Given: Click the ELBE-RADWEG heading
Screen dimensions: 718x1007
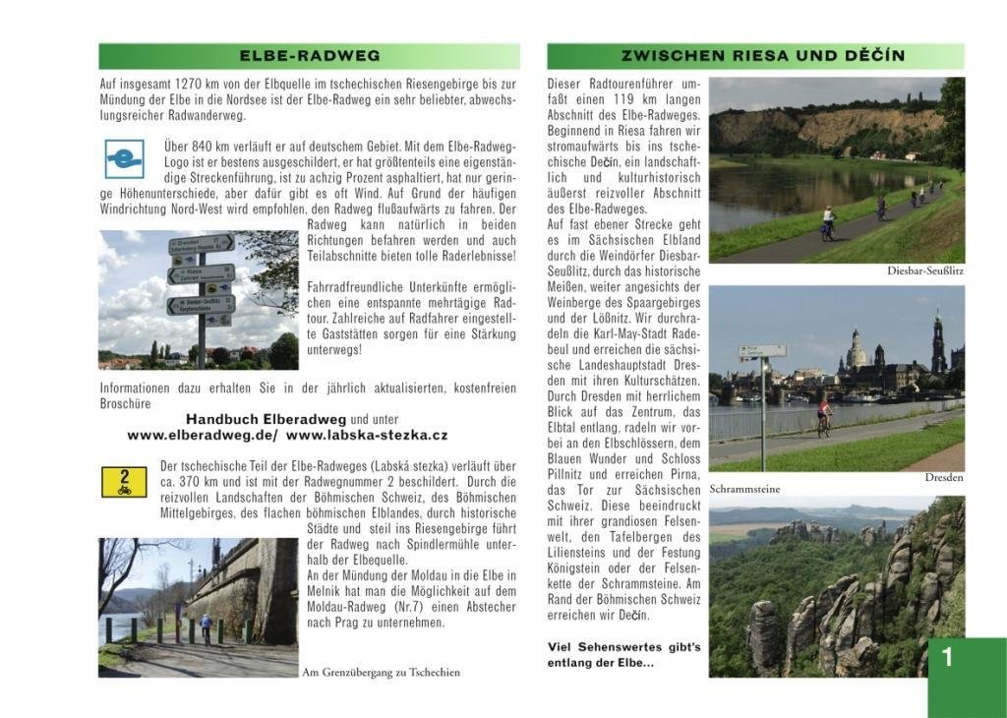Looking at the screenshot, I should [x=310, y=56].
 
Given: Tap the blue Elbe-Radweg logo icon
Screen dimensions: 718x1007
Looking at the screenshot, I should [x=125, y=158].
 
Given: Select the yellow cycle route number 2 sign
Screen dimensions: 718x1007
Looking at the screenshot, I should [x=124, y=482].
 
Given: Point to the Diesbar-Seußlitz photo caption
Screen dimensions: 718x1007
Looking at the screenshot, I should [x=924, y=269].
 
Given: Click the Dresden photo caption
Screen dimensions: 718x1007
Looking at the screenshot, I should [x=944, y=478].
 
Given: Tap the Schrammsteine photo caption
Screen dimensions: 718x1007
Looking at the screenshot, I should [x=745, y=489].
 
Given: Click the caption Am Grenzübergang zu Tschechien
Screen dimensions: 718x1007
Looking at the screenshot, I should [x=381, y=673].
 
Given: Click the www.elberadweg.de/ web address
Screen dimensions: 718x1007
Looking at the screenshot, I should [x=203, y=435].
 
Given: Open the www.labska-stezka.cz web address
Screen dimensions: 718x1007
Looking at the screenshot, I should [x=367, y=435].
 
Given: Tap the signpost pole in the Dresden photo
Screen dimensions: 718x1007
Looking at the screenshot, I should [x=763, y=413].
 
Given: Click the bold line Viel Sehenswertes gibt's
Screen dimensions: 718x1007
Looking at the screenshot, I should [x=623, y=647].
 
